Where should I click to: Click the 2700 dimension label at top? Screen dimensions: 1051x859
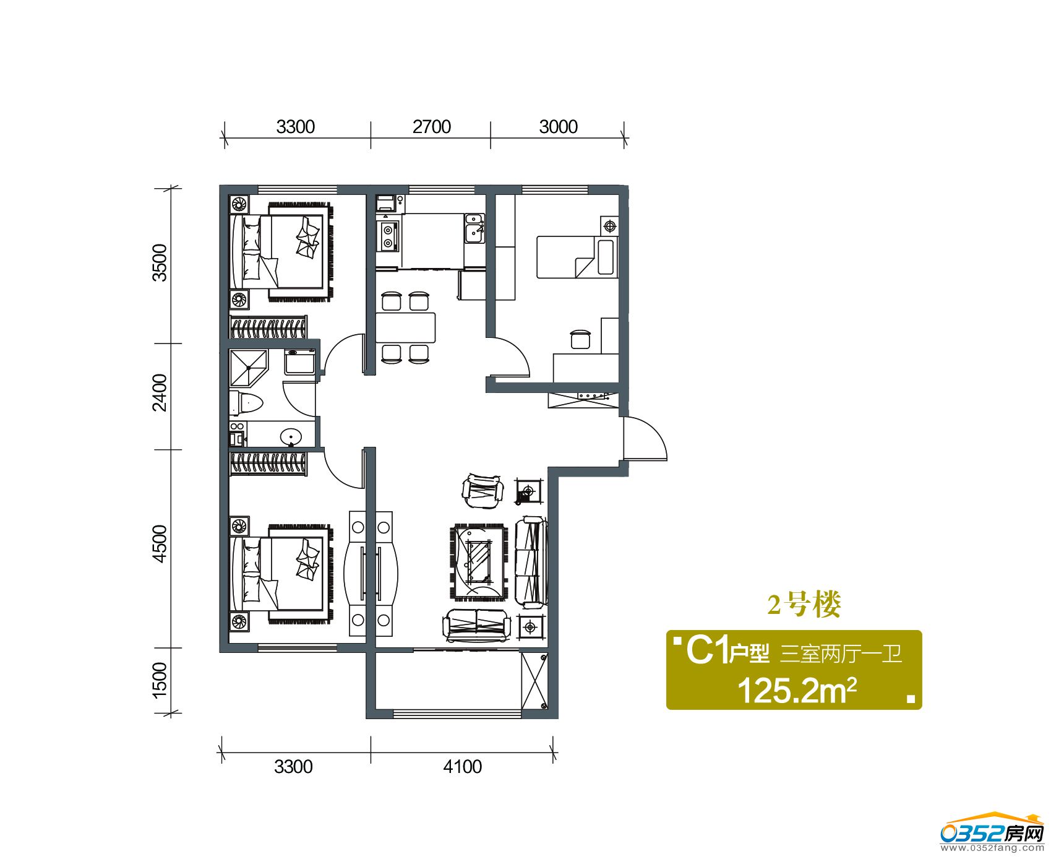click(x=432, y=127)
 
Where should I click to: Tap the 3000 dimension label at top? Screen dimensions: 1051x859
click(x=558, y=127)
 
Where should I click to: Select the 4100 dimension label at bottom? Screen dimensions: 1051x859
click(x=462, y=767)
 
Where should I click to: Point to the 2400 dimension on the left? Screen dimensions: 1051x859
click(x=160, y=392)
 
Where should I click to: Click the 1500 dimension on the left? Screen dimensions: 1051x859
click(x=160, y=680)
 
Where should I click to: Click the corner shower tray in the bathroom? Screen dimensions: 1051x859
click(x=248, y=368)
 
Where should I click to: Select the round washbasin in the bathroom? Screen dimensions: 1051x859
click(x=291, y=437)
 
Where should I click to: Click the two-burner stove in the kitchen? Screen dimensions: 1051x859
click(x=388, y=236)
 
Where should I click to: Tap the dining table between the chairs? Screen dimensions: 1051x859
click(x=406, y=327)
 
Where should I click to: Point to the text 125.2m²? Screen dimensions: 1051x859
click(x=797, y=690)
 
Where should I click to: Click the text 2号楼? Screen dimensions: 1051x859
click(x=804, y=604)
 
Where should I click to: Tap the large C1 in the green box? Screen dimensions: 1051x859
click(x=706, y=650)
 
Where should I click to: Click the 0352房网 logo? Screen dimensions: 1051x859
click(x=992, y=834)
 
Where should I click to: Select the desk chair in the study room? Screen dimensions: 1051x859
click(x=580, y=339)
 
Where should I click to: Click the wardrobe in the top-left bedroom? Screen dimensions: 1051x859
click(x=268, y=327)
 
